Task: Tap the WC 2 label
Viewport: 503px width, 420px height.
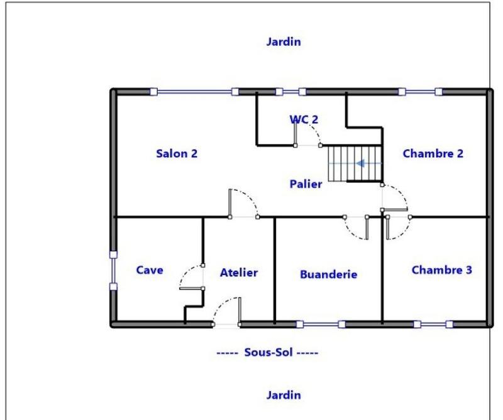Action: pos(304,119)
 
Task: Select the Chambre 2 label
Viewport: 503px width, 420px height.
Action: pos(433,153)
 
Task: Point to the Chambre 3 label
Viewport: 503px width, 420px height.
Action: pos(441,270)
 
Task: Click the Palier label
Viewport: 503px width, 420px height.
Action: pos(306,184)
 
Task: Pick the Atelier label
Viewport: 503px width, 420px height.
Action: pos(239,272)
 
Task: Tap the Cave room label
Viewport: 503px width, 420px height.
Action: pos(150,270)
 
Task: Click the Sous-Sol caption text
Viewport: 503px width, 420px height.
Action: pos(267,353)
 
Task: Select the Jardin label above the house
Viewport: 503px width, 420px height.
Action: pos(283,43)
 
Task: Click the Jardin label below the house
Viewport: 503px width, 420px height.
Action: pos(283,395)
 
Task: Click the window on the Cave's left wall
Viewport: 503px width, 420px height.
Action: pos(113,271)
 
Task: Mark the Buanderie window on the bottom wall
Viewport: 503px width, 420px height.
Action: pos(321,325)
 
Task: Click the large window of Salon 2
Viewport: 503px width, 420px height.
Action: pos(194,92)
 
